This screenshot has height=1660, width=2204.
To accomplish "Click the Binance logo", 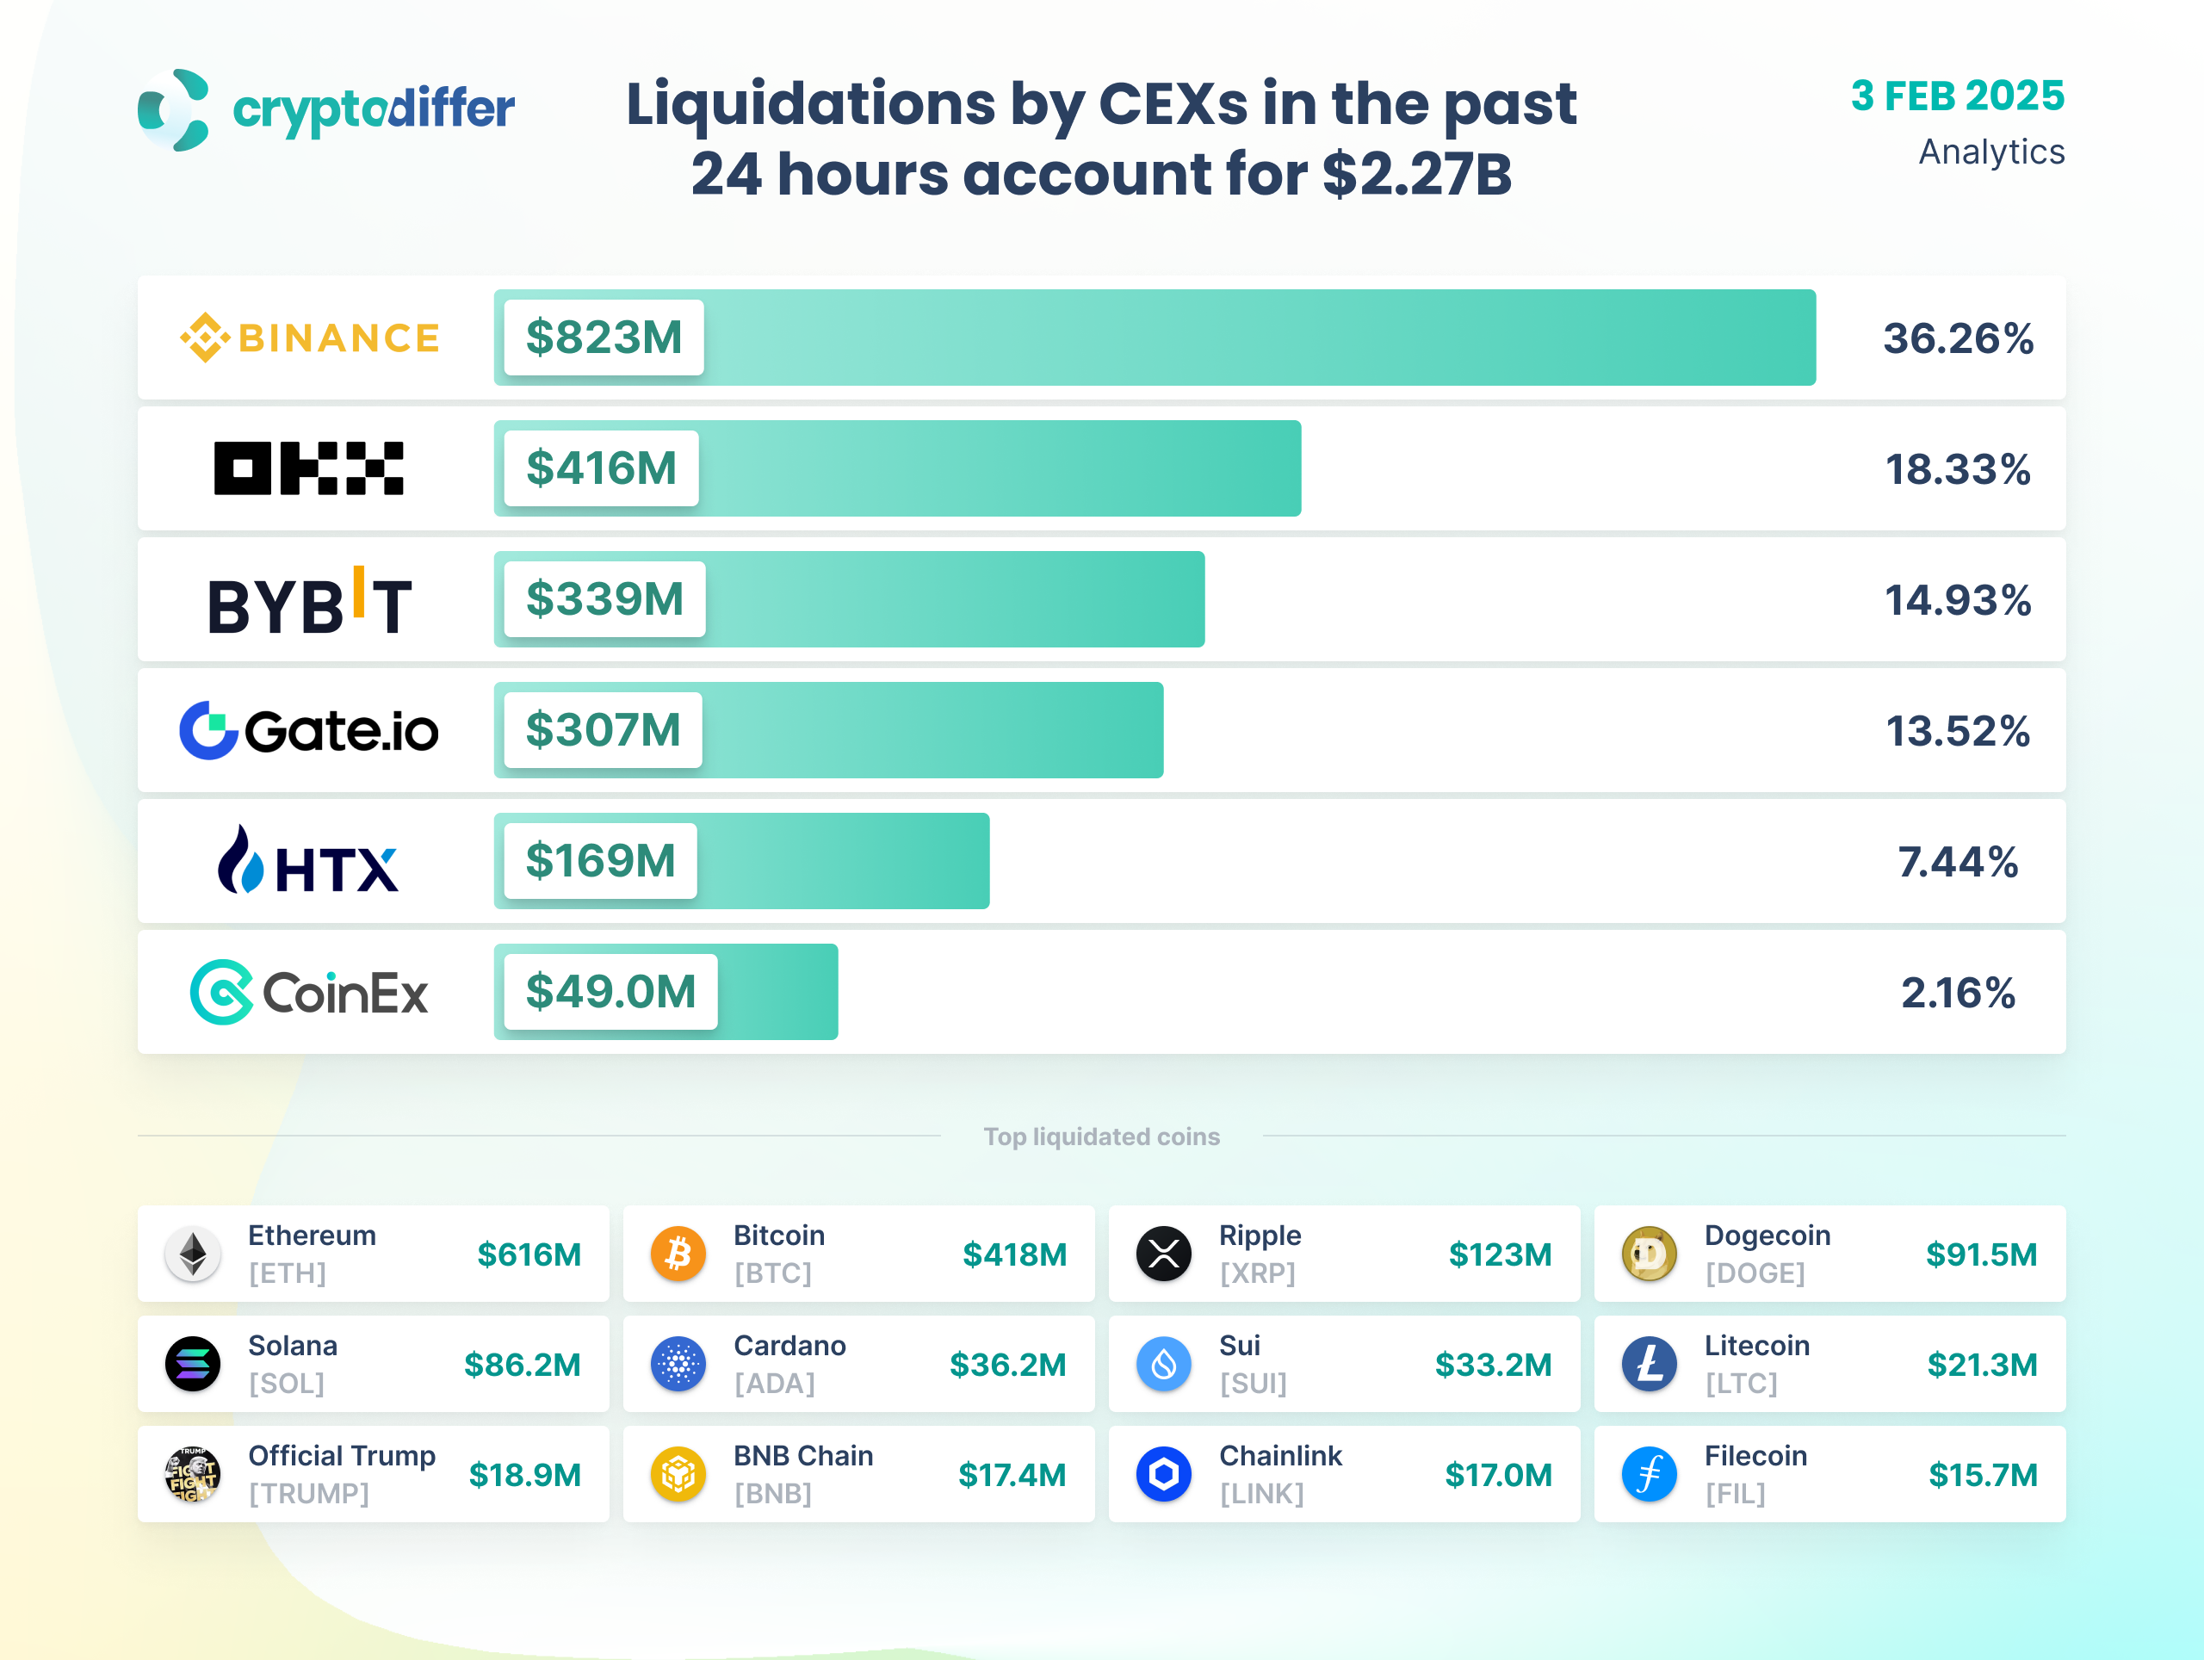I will [309, 338].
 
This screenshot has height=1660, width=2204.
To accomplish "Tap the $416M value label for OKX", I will [601, 468].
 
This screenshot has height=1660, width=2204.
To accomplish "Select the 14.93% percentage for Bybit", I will [1957, 600].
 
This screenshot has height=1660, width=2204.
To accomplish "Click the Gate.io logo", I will [309, 730].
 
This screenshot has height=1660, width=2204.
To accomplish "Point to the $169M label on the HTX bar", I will [600, 861].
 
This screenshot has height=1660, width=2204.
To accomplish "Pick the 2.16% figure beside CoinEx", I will [1957, 993].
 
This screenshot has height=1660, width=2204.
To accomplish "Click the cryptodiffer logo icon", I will [175, 109].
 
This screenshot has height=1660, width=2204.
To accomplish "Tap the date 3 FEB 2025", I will [1957, 96].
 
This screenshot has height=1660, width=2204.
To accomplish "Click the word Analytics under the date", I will [1990, 152].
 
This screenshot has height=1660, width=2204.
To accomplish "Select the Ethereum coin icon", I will [192, 1254].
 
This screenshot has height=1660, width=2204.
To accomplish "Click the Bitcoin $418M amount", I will [1014, 1254].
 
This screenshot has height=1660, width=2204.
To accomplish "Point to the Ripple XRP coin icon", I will [1163, 1254].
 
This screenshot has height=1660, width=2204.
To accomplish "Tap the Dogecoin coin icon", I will [1649, 1254].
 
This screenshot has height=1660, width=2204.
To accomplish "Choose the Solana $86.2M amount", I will [522, 1364].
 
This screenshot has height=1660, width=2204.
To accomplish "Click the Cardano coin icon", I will [678, 1364].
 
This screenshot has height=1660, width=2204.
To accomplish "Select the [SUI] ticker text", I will [1253, 1383].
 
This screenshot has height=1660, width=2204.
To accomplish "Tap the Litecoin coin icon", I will [1649, 1364].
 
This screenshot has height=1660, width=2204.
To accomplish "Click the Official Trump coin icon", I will [192, 1474].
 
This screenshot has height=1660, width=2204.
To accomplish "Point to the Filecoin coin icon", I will [1649, 1474].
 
